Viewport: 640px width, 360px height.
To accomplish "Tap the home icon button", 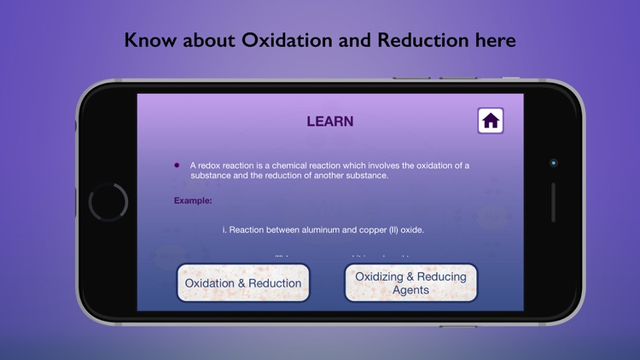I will pos(491,121).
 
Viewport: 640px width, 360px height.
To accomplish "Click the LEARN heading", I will pos(330,122).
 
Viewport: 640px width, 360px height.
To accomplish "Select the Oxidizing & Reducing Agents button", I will pos(410,283).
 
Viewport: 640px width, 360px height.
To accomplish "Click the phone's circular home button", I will pos(108,203).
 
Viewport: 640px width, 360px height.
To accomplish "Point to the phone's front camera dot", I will pos(553,162).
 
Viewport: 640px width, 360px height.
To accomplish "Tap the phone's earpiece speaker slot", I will pos(553,203).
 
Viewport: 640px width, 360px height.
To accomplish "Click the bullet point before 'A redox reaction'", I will pos(177,165).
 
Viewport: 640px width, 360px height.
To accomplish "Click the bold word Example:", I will pos(193,200).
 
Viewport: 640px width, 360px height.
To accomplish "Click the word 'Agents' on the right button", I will pos(410,290).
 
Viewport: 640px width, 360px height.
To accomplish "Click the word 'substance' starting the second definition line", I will pos(212,176).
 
